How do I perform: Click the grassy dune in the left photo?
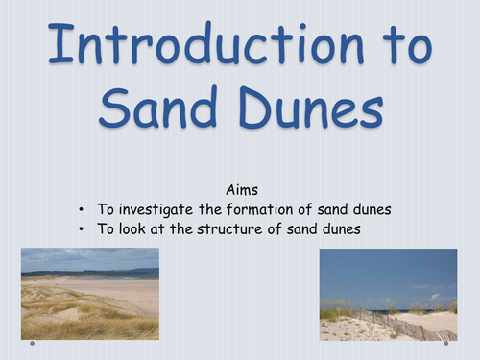click(x=67, y=317)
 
